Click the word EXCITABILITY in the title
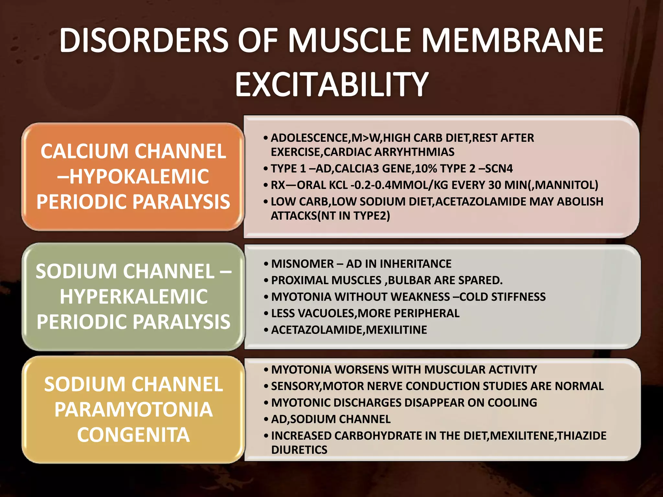click(332, 84)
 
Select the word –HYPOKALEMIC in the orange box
click(133, 177)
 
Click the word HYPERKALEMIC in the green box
click(133, 296)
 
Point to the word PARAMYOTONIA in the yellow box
click(133, 410)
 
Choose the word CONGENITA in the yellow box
click(133, 435)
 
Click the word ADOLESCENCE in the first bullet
click(310, 138)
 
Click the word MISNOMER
click(302, 264)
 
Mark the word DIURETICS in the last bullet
click(299, 450)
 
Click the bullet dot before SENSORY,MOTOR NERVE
click(266, 386)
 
